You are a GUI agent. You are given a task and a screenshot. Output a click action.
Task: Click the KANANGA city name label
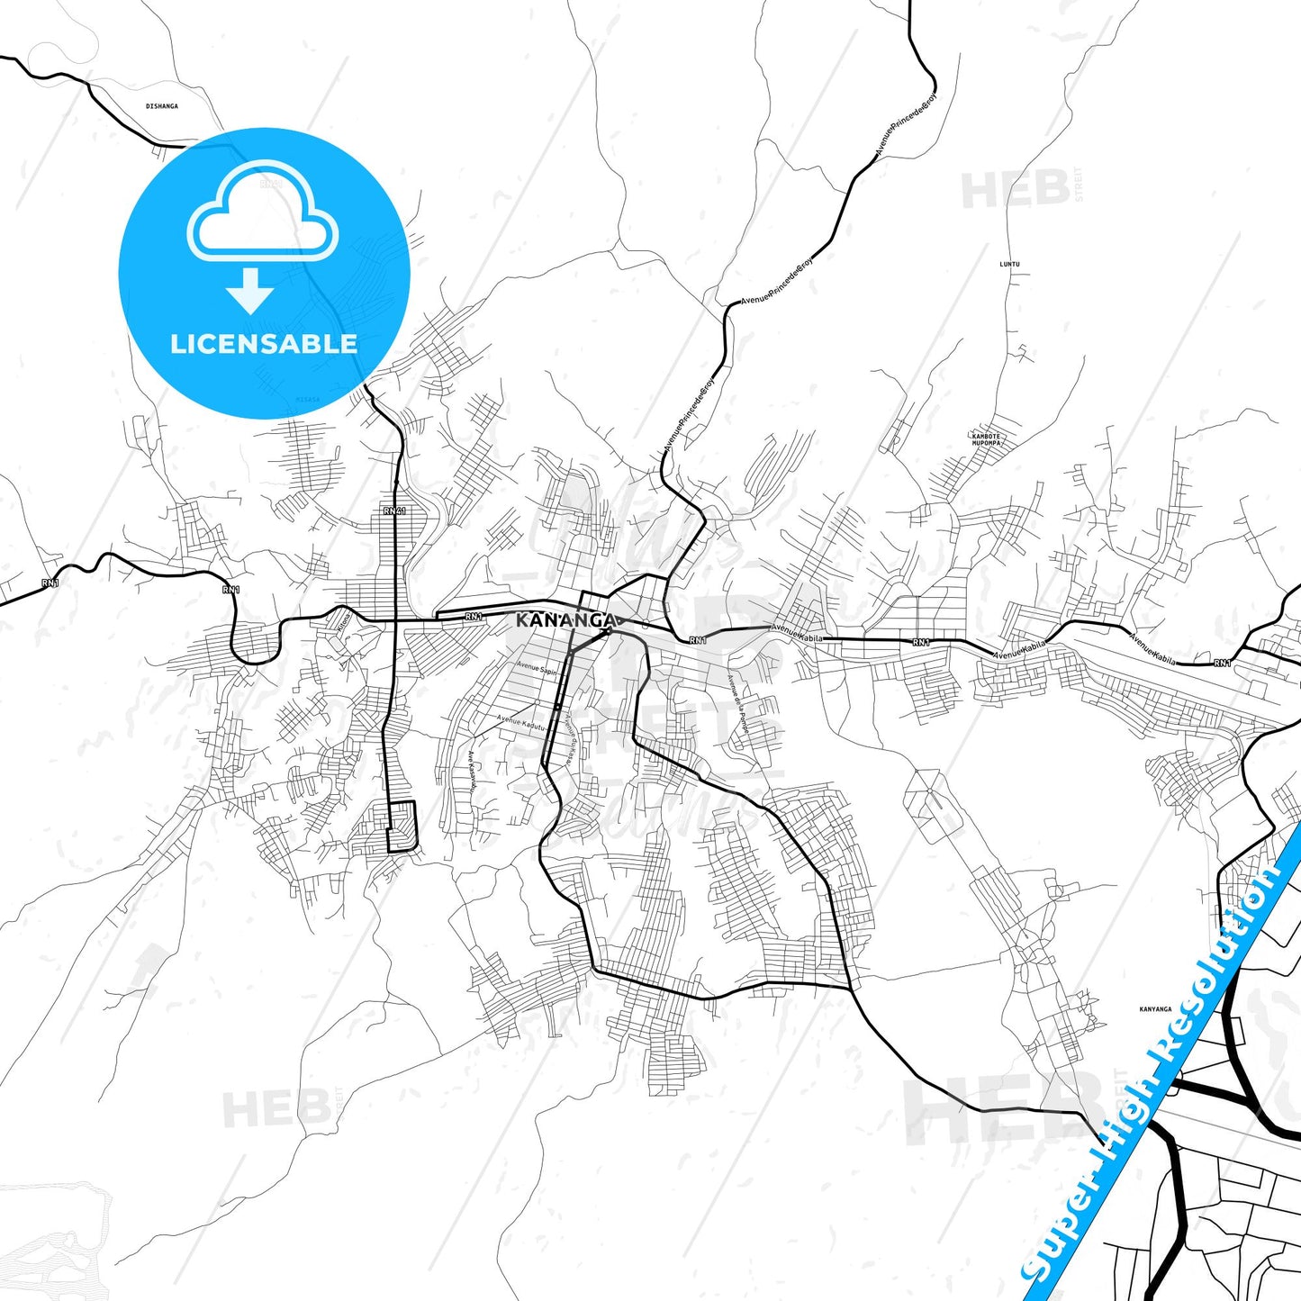coord(566,620)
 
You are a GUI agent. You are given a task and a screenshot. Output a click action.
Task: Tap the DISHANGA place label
coord(162,106)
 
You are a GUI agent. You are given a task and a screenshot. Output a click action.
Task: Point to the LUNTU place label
coord(1010,265)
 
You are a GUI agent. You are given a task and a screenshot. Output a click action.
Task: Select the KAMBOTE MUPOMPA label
coord(987,440)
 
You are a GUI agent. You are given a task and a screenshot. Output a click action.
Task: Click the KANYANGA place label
coord(1155,1009)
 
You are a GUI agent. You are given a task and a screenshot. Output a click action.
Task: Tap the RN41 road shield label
coord(394,511)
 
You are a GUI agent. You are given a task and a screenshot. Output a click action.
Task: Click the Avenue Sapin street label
coord(537,668)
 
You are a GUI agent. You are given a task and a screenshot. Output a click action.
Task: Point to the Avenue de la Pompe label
coord(738,703)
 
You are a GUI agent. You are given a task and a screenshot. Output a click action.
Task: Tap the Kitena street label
coord(341,620)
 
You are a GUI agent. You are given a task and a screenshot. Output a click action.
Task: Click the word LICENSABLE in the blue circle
coord(264,344)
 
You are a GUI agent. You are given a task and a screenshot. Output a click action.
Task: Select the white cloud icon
coord(263,212)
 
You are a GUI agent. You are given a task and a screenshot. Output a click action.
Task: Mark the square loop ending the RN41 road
coord(402,827)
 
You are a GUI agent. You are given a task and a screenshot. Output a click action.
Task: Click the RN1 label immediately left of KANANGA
coord(474,617)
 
